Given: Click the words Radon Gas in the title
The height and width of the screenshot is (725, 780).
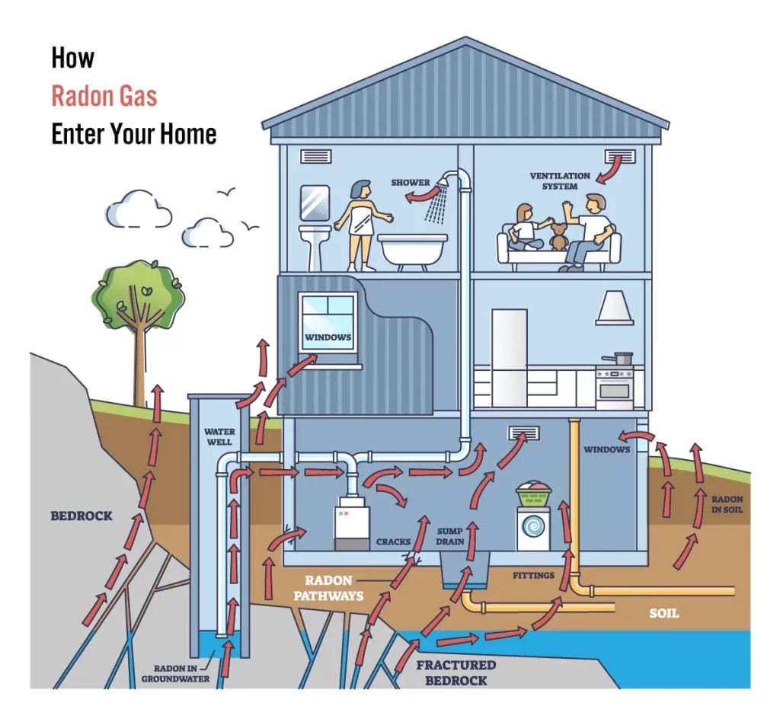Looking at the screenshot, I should coord(104,96).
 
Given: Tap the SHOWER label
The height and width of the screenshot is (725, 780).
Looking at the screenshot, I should coord(411,183).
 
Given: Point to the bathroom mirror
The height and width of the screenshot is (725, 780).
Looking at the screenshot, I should coord(315,202).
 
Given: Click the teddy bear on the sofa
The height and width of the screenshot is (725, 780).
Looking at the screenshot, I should coord(560,236).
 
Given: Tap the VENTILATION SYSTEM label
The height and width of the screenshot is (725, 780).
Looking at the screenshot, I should coord(560,180).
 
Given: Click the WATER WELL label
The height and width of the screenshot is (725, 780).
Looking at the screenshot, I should coord(219,436).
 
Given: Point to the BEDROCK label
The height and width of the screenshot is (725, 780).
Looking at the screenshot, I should coord(82,516).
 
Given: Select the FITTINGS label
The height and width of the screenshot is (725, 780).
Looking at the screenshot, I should coord(533,575).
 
